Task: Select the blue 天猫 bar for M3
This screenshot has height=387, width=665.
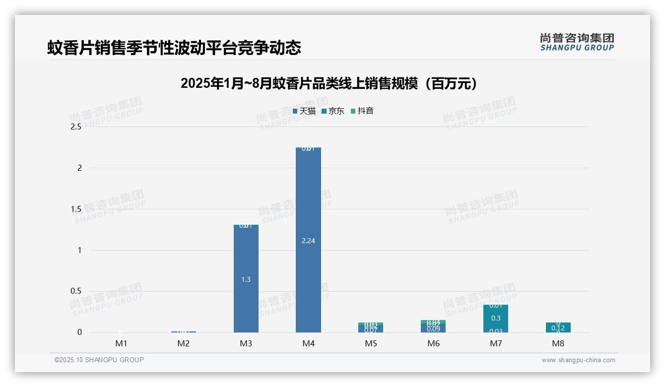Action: click(x=246, y=258)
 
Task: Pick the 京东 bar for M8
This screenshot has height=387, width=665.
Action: click(x=558, y=327)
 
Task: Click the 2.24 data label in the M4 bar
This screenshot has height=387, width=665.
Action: click(x=308, y=241)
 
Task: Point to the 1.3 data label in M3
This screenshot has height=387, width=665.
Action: click(x=246, y=279)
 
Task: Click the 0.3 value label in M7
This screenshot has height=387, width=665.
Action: click(x=495, y=318)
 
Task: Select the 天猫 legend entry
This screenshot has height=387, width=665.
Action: click(x=304, y=111)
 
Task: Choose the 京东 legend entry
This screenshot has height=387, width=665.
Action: click(x=333, y=111)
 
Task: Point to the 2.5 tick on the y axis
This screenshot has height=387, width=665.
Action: click(x=76, y=127)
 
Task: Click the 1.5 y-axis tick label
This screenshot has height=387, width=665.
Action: click(x=76, y=209)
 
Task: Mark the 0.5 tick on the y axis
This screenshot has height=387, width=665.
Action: click(x=76, y=291)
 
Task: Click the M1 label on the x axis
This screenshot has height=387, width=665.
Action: click(x=121, y=343)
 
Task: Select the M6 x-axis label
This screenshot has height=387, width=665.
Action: click(x=433, y=343)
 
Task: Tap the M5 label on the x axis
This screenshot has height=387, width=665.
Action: click(x=371, y=343)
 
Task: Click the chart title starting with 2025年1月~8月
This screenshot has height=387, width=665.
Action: click(x=329, y=83)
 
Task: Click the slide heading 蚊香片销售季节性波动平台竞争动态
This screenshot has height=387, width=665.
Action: click(x=174, y=48)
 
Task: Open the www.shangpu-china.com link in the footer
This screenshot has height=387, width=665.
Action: click(x=578, y=360)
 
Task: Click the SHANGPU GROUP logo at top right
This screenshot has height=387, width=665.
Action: click(x=577, y=42)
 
